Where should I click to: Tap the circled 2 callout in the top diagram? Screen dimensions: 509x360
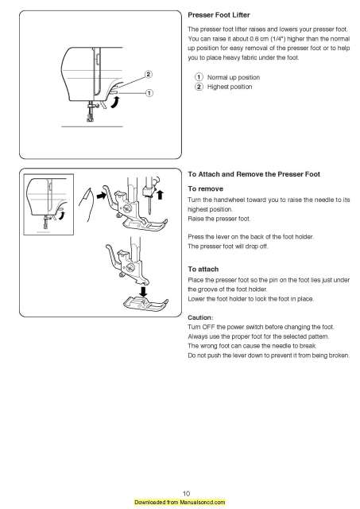148,75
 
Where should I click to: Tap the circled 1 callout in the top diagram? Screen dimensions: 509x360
148,93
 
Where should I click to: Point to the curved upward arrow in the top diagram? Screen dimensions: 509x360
115,99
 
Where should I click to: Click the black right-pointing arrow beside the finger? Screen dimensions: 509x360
103,194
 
